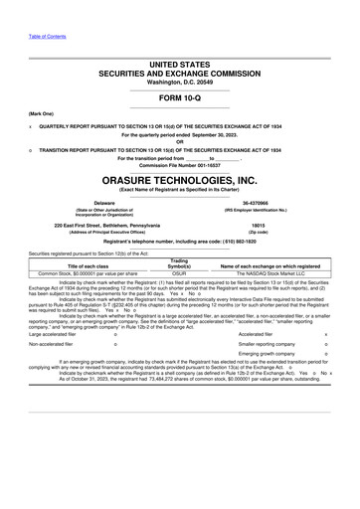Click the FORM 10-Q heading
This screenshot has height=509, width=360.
coord(179,99)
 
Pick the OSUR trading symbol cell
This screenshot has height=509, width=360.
coord(180,271)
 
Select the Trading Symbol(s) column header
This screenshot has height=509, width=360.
coord(180,261)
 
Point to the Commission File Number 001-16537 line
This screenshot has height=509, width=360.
coord(179,164)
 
